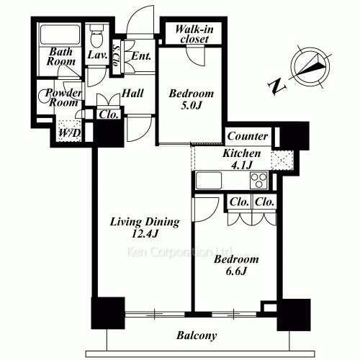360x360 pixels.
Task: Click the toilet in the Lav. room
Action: pyautogui.click(x=96, y=35)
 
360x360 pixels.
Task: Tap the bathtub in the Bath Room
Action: pyautogui.click(x=60, y=35)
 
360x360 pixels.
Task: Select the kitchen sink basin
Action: pyautogui.click(x=209, y=181)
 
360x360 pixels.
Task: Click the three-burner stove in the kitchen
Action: pyautogui.click(x=258, y=181)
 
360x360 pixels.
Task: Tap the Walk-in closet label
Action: pyautogui.click(x=194, y=34)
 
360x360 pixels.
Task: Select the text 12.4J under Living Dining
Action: pyautogui.click(x=145, y=233)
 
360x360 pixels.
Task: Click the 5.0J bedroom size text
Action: pyautogui.click(x=191, y=105)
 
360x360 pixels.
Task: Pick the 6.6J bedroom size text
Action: pyautogui.click(x=236, y=271)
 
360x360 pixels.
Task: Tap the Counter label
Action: pyautogui.click(x=248, y=136)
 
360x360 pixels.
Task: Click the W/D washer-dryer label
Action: pyautogui.click(x=70, y=132)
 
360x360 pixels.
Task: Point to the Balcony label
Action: pyautogui.click(x=197, y=336)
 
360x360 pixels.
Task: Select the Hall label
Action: pyautogui.click(x=132, y=93)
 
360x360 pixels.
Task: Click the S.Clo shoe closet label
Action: pyautogui.click(x=117, y=56)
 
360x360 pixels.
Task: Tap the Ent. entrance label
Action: pyautogui.click(x=141, y=56)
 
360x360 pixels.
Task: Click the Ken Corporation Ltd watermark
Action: pyautogui.click(x=179, y=252)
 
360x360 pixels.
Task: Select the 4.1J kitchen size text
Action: pyautogui.click(x=241, y=165)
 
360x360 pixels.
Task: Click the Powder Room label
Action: pyautogui.click(x=63, y=98)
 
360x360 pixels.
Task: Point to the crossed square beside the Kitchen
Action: pyautogui.click(x=282, y=161)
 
